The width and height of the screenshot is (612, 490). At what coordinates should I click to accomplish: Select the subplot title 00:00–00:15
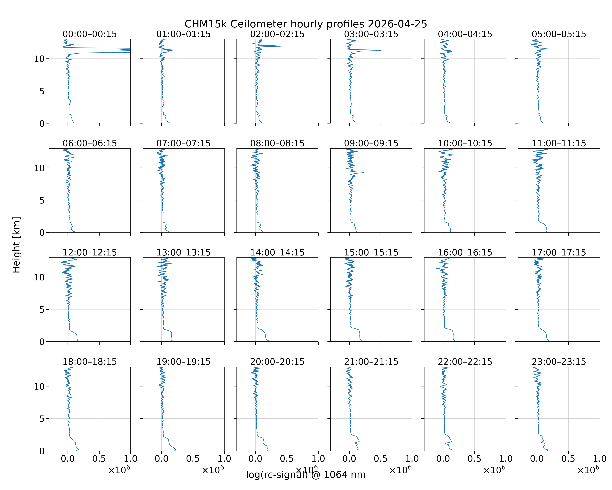90,34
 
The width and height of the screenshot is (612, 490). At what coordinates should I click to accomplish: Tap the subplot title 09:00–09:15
371,143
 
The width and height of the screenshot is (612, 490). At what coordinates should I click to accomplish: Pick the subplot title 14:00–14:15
277,253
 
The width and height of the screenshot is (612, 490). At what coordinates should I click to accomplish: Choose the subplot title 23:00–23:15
559,362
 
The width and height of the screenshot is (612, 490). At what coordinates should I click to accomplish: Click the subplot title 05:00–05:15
559,34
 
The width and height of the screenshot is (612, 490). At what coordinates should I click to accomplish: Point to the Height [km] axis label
16,245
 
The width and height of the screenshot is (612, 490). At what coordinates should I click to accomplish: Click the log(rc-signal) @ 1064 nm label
306,475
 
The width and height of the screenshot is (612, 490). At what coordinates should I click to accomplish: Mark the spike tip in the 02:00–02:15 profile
281,46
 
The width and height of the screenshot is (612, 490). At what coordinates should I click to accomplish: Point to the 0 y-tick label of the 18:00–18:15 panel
42,451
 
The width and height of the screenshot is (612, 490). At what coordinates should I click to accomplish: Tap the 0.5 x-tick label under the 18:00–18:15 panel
99,459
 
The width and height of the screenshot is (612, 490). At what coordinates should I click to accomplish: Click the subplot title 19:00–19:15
184,362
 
